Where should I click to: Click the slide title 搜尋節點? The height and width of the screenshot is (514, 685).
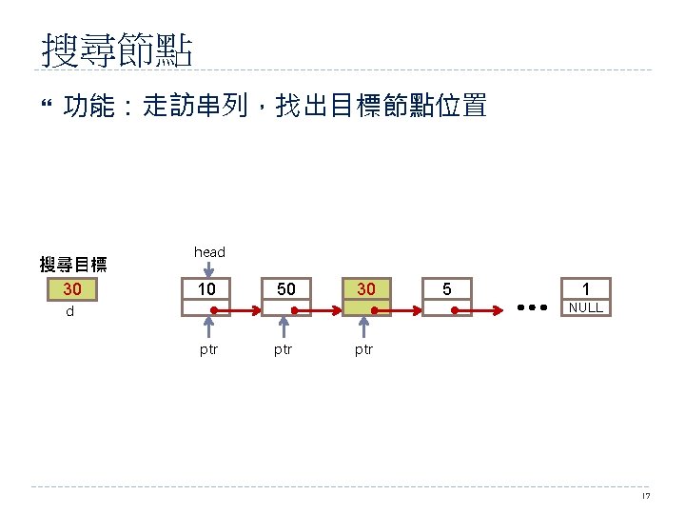tap(118, 51)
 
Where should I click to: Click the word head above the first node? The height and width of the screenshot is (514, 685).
tap(209, 252)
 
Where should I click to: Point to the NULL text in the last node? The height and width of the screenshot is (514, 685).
tap(586, 308)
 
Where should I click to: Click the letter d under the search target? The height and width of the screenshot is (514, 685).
tap(69, 311)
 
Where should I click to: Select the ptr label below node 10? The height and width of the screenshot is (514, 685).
tap(208, 349)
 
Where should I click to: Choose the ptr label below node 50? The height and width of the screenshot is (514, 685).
tap(283, 349)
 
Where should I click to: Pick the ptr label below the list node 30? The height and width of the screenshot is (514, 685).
tap(363, 349)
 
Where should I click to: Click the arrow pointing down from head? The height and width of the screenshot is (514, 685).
tap(208, 269)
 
